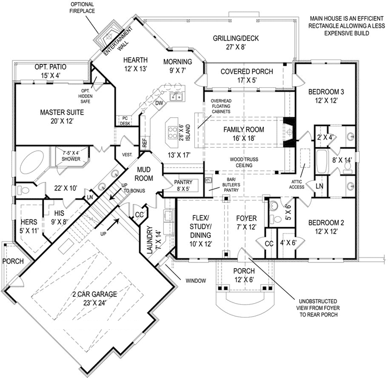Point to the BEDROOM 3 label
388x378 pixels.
[326, 96]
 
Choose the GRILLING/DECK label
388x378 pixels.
[235, 43]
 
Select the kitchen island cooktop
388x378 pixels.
[175, 132]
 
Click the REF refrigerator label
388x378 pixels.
[144, 143]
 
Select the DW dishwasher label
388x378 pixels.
[158, 102]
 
